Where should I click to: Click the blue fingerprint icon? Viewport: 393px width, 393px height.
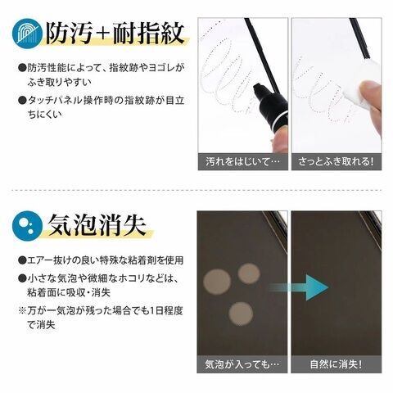pos(27,34)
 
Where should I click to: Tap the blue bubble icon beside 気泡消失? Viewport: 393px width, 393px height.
pos(27,225)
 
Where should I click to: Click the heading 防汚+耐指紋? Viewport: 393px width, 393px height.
pos(115,34)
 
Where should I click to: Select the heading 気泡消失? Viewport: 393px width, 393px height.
pos(97,225)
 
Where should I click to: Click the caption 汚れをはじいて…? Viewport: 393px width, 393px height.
pos(242,161)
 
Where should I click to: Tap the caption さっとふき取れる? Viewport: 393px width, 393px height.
pos(336,161)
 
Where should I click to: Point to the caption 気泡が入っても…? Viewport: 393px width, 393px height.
pos(242,364)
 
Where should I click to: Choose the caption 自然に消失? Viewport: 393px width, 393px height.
pos(336,364)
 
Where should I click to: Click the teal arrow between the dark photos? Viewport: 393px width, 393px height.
pos(299,287)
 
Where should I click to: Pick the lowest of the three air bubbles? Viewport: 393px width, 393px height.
pos(241,314)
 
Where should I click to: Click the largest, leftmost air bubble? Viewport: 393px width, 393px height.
pos(217,282)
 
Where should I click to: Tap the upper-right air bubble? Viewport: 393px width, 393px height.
pos(249,273)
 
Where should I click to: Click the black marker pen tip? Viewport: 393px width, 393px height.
pos(257,88)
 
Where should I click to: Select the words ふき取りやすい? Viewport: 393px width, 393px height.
pos(59,82)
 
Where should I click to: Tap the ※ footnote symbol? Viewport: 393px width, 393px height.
pos(22,310)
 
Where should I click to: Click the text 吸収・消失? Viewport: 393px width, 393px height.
pos(87,292)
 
